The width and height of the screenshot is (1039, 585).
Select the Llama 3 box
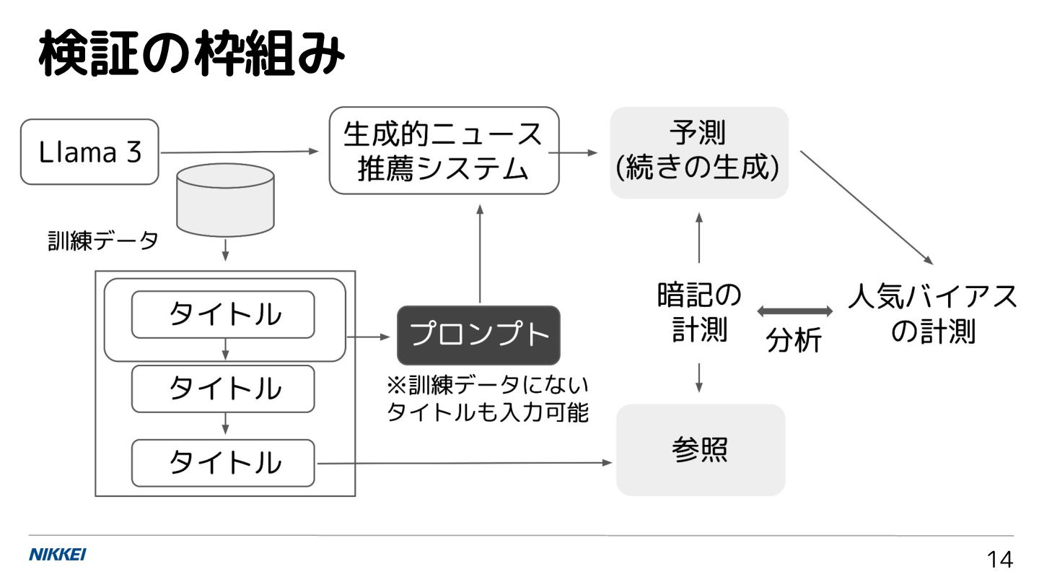89,152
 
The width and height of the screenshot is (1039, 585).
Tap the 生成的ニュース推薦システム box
444,151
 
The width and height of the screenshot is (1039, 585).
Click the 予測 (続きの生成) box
698,152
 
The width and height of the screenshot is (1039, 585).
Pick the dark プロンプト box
478,335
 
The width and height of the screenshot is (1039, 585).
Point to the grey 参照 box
700,449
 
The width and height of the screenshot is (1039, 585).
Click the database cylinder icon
225,199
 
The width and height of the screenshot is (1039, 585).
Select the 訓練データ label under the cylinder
101,243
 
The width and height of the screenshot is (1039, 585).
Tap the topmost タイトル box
223,314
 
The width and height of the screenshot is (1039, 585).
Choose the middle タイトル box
223,389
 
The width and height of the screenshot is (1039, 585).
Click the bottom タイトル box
223,462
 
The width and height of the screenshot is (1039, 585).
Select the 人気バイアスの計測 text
933,314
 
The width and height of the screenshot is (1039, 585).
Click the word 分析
794,339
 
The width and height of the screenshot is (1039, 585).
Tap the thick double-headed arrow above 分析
794,311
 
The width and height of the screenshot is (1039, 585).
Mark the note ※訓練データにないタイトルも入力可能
488,399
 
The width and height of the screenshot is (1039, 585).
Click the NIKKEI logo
57,555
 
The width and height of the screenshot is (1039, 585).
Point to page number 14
999,560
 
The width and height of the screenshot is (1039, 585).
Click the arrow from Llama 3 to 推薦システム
238,152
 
